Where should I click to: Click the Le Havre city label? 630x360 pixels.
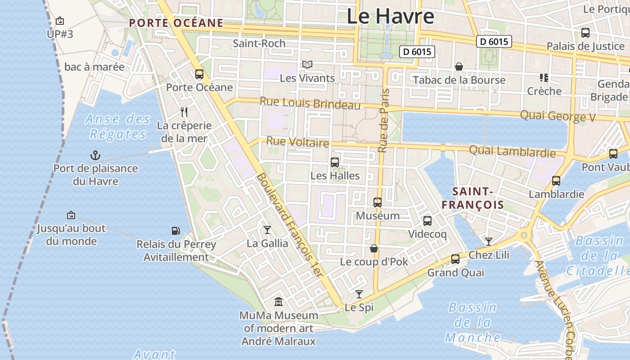point(390,16)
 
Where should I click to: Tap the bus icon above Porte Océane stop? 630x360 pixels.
point(199,74)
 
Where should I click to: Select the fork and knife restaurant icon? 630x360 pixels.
point(184,112)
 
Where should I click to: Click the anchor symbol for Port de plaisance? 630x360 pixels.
point(95,156)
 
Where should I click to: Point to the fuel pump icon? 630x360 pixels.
point(176,231)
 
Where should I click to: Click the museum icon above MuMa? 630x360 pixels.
point(279,301)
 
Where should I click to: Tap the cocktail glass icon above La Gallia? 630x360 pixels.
point(267,230)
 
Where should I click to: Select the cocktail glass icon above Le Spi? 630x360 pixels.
point(359,294)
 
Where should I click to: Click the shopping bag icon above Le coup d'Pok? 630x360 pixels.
point(373,248)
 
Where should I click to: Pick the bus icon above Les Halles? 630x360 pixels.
point(335,162)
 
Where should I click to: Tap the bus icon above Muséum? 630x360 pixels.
point(378,202)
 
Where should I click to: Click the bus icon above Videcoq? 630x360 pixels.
point(427,221)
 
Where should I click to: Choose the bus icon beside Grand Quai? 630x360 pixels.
point(455,259)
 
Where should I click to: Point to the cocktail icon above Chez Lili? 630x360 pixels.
point(488,242)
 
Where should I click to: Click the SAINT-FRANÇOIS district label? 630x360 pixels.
point(472,198)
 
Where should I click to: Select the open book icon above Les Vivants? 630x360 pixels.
point(307,65)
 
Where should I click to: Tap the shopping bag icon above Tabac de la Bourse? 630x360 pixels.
point(459,67)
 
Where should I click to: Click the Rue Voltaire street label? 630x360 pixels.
point(297,142)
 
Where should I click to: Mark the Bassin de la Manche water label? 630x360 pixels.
point(472,323)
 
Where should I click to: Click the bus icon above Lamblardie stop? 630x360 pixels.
point(556,181)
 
